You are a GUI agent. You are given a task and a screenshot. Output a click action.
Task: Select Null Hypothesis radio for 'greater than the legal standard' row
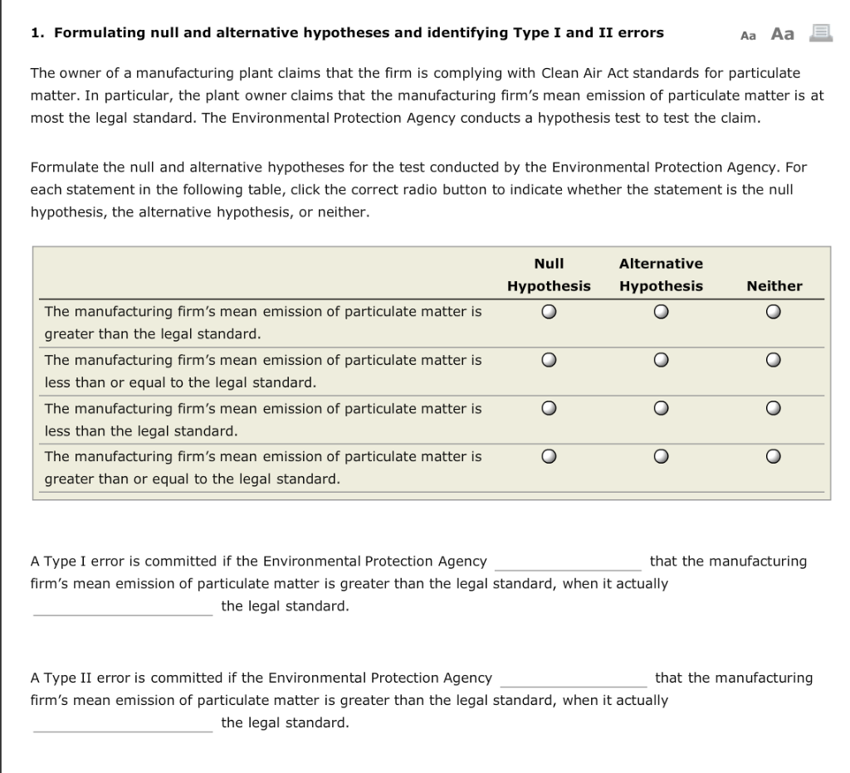pos(549,313)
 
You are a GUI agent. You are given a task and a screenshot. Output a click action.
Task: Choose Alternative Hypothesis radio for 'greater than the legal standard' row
pos(660,313)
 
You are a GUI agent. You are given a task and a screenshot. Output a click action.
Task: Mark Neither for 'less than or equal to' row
pos(773,360)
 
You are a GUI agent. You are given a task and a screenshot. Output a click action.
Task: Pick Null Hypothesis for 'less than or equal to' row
pos(549,360)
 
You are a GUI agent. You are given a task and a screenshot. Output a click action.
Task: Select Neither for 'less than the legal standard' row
pos(773,408)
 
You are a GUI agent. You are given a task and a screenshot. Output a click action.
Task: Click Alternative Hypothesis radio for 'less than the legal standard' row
pos(660,408)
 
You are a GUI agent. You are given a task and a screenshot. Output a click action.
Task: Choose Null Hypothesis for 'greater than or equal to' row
pos(549,456)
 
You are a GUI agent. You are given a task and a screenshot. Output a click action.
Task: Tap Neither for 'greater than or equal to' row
pos(773,456)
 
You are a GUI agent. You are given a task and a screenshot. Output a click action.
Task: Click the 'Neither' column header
pos(774,286)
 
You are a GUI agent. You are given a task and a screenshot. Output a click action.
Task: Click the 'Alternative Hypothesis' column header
pos(661,275)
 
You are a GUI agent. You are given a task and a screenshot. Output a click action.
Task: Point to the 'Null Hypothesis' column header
pos(549,275)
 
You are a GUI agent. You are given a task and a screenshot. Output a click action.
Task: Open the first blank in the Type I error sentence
pos(568,563)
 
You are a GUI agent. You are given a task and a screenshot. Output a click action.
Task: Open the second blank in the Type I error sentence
pos(122,608)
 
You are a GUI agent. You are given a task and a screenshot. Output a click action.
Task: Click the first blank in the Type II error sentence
pos(573,679)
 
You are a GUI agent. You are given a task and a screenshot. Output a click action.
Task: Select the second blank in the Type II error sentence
pos(122,724)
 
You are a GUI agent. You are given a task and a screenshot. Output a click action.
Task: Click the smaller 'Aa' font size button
pos(748,35)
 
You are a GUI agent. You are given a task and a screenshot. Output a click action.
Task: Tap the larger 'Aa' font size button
pos(782,34)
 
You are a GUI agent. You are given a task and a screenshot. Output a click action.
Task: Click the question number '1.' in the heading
pos(37,33)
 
